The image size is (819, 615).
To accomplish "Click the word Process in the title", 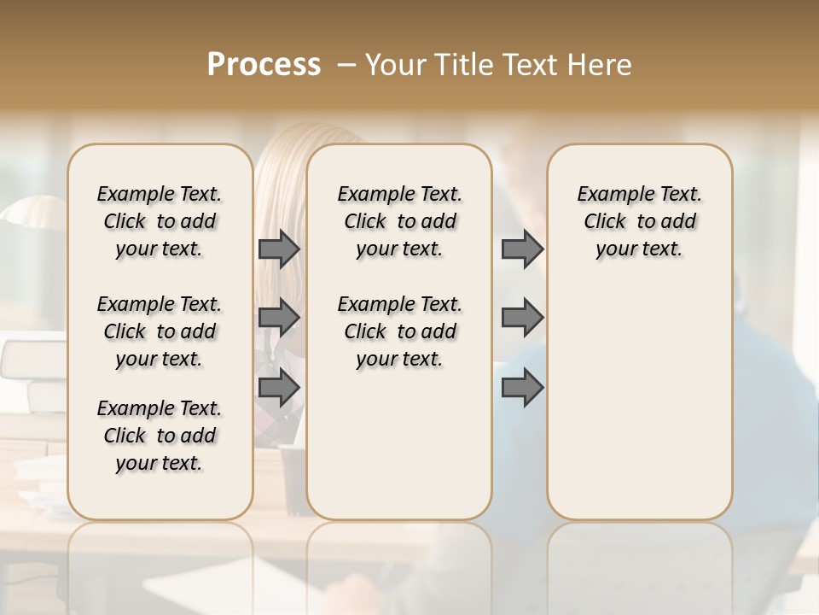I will tap(264, 65).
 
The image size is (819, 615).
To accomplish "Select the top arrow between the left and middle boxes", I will tap(279, 249).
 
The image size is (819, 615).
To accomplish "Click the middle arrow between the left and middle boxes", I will tap(279, 318).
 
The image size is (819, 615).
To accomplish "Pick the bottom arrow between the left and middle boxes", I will tap(279, 388).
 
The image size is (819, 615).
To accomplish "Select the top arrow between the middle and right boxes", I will tap(522, 249).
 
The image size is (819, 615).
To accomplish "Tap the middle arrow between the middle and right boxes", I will tap(522, 318).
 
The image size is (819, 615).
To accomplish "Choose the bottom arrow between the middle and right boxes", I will tap(522, 388).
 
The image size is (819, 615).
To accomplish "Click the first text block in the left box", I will tap(160, 221).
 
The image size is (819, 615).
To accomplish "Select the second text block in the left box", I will tap(160, 331).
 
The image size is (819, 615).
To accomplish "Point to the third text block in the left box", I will tap(160, 436).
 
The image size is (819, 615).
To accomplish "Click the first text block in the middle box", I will tap(399, 221).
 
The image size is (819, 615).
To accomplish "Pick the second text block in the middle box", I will tap(399, 331).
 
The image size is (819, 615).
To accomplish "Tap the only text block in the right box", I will tap(639, 221).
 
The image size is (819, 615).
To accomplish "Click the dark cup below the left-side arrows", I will tap(293, 478).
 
